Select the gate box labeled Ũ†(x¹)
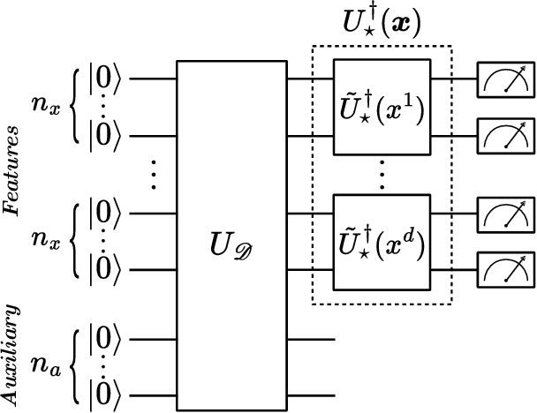[x=381, y=108]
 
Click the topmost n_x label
[x=45, y=108]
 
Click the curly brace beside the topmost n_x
[x=76, y=108]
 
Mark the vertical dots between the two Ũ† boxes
[x=381, y=174]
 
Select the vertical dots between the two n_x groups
[x=154, y=174]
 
